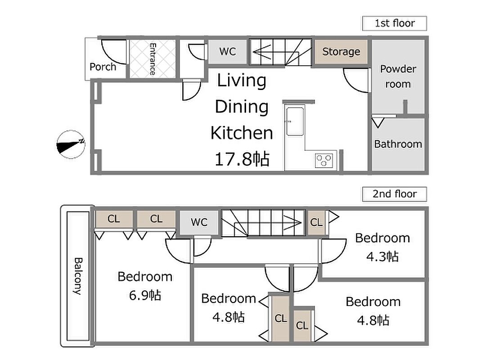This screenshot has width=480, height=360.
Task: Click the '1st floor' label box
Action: [x=394, y=23]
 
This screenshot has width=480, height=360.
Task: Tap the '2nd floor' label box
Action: [x=394, y=194]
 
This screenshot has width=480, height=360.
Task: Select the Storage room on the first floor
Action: [x=341, y=52]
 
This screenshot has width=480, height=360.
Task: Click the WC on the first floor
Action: [x=228, y=51]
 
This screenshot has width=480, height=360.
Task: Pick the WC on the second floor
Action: [x=199, y=222]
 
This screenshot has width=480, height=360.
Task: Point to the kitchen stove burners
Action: [x=324, y=161]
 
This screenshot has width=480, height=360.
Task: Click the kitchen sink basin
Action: [x=295, y=121]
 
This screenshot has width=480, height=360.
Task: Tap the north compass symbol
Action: [x=71, y=144]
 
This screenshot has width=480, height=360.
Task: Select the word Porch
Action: [x=103, y=67]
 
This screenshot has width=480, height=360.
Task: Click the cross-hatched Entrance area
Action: [x=153, y=59]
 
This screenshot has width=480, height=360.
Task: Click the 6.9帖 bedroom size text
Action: [x=145, y=295]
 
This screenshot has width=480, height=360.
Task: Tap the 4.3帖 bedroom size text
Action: [x=382, y=256]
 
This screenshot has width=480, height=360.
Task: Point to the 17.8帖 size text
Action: [x=242, y=159]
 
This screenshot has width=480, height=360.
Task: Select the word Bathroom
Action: [x=398, y=144]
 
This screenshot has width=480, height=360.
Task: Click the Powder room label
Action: [x=398, y=76]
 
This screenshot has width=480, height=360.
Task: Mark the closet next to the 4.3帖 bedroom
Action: [x=316, y=222]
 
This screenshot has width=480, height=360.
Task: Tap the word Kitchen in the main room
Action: [x=242, y=133]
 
